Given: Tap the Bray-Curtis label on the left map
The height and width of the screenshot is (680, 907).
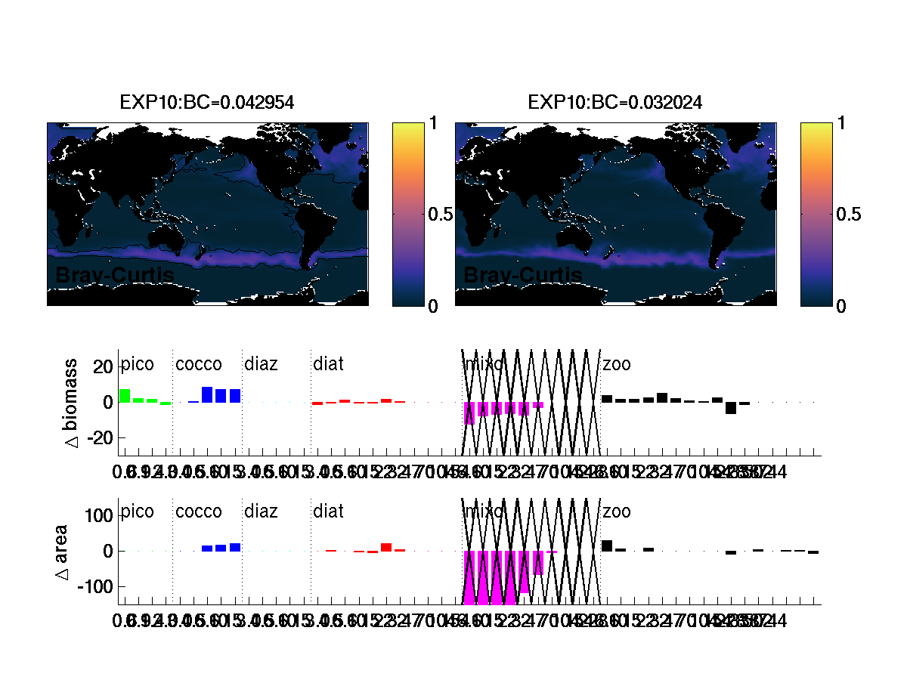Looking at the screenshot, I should [x=114, y=276].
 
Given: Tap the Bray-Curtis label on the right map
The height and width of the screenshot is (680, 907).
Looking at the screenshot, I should [x=522, y=276].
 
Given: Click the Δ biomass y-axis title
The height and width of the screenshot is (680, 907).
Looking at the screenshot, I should [x=73, y=401].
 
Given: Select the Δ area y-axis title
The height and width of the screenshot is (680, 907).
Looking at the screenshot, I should [x=62, y=552].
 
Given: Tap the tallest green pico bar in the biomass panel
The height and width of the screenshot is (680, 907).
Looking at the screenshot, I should [x=125, y=396].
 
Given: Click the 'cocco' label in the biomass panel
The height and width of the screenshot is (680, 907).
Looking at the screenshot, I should [x=199, y=365].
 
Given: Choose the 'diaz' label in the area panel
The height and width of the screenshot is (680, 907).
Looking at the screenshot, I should [x=261, y=512].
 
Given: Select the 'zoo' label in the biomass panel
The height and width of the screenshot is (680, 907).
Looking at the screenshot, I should [x=616, y=365].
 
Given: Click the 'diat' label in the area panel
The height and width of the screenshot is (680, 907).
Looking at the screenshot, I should [x=328, y=512].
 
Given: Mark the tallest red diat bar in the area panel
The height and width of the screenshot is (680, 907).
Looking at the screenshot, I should [x=386, y=547].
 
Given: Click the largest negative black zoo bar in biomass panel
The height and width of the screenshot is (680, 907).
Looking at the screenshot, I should [x=731, y=408].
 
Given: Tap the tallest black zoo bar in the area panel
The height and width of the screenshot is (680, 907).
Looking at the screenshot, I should [x=607, y=546].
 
